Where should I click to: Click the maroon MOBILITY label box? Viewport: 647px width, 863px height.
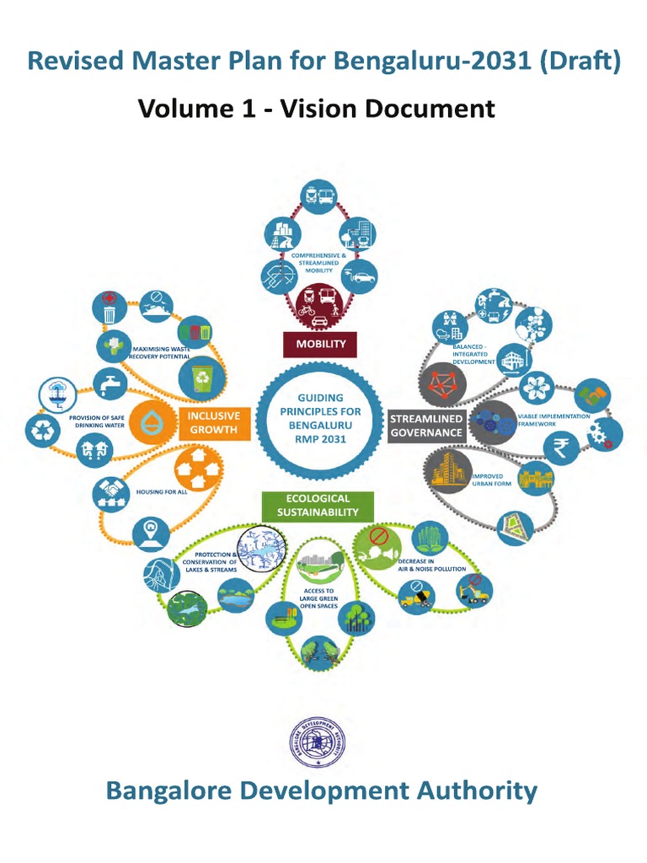[320, 344]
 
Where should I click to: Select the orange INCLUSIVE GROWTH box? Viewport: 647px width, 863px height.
[213, 423]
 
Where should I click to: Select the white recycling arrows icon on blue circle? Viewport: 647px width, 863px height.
[40, 430]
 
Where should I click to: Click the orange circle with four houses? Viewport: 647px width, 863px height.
[197, 468]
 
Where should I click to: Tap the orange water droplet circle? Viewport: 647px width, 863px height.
[152, 421]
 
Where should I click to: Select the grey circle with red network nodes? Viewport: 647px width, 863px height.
[441, 381]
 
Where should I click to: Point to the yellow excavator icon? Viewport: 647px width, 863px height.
[473, 590]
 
